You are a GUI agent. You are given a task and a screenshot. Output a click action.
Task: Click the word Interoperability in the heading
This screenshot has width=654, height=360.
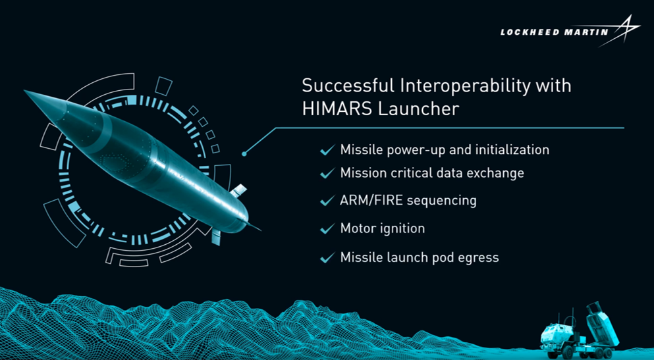point(450,86)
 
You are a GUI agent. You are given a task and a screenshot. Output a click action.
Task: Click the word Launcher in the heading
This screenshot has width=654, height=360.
point(418,109)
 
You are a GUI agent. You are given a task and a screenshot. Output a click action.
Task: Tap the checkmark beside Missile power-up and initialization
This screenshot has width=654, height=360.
point(327,151)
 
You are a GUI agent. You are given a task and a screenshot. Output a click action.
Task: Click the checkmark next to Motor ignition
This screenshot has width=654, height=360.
point(327,229)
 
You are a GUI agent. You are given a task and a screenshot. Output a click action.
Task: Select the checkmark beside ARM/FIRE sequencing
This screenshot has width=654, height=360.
point(327,201)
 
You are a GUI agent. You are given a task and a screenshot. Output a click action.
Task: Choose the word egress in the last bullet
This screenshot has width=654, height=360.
point(479,257)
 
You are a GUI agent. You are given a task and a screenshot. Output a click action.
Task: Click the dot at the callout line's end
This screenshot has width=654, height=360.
point(244,153)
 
